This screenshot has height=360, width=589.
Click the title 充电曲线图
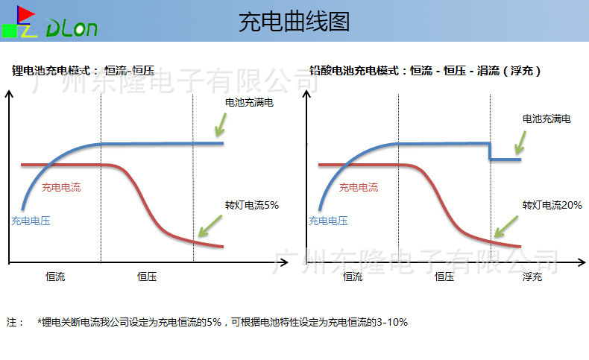coord(294,22)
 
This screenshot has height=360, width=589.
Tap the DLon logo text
coord(72,29)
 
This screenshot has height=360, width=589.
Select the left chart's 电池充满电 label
coord(249,102)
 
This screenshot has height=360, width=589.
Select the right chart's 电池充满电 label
coord(547,119)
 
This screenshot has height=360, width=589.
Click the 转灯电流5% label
coord(252,204)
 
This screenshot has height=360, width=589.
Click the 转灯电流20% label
coord(552,204)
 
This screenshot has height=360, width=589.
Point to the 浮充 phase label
coord(532,277)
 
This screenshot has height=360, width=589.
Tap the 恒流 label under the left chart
coord(55,277)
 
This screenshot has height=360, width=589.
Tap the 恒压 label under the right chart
coord(444,277)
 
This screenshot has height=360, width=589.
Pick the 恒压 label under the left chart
coord(147,277)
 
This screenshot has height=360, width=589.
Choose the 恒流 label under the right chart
coord(353,277)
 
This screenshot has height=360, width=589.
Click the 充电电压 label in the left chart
coord(31,221)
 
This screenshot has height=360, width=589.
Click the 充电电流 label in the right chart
coord(359,188)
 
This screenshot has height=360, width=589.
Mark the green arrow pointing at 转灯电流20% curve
coord(508,224)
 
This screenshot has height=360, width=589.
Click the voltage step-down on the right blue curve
coord(491,151)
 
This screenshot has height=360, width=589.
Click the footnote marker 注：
coord(15,323)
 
